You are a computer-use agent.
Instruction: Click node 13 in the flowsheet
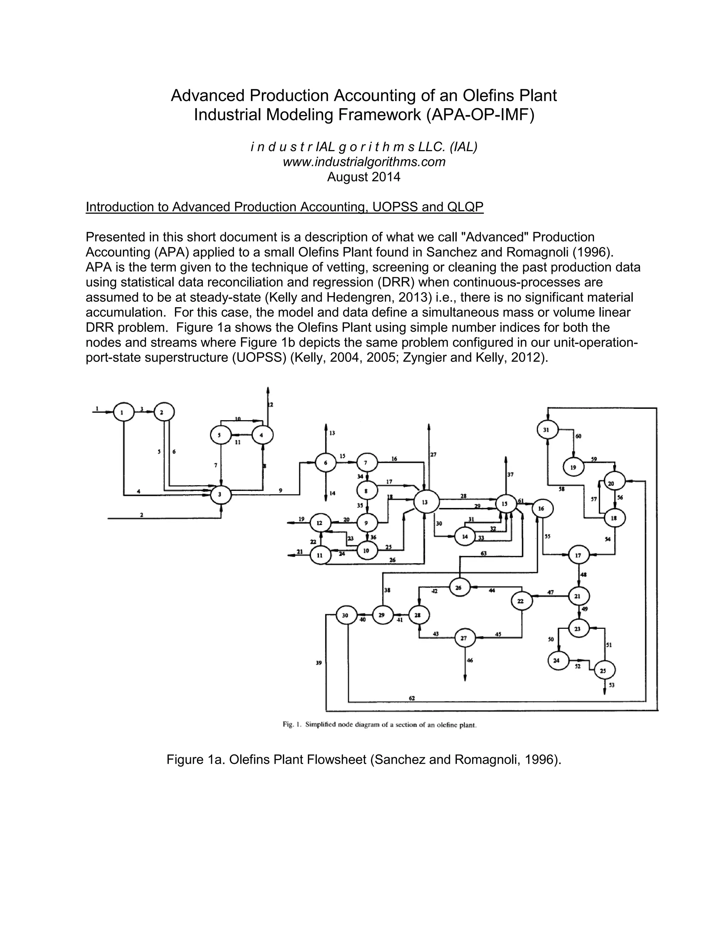coord(426,502)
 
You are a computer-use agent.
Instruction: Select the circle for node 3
coord(221,495)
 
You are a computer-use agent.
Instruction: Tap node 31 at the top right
coord(547,430)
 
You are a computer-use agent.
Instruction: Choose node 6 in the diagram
coord(326,463)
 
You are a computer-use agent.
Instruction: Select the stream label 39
coord(319,663)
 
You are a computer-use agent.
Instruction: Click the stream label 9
coord(280,491)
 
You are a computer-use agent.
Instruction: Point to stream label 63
coord(483,553)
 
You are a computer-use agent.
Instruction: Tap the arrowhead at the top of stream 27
coord(429,427)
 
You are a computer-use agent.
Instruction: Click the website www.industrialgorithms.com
coord(364,162)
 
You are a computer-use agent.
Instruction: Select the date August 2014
coord(364,177)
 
